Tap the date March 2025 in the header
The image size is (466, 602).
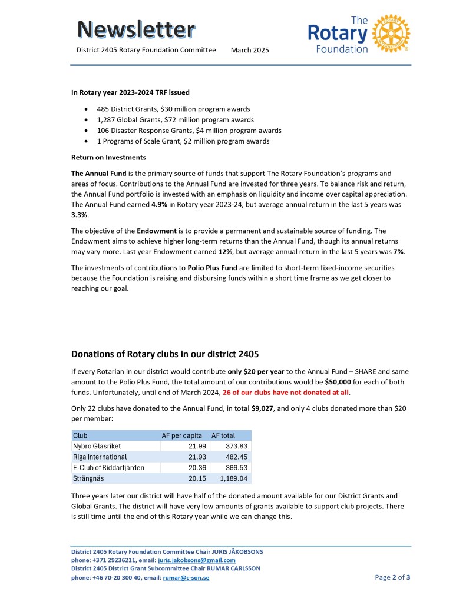(250, 50)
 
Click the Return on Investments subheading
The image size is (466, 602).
(108, 158)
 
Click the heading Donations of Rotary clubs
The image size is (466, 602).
(165, 354)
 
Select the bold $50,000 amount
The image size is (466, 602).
(343, 383)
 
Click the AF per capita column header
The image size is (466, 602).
(182, 435)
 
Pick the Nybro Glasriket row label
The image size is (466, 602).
(97, 446)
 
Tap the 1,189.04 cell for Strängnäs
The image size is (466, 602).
(233, 478)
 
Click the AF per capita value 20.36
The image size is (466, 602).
(193, 467)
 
